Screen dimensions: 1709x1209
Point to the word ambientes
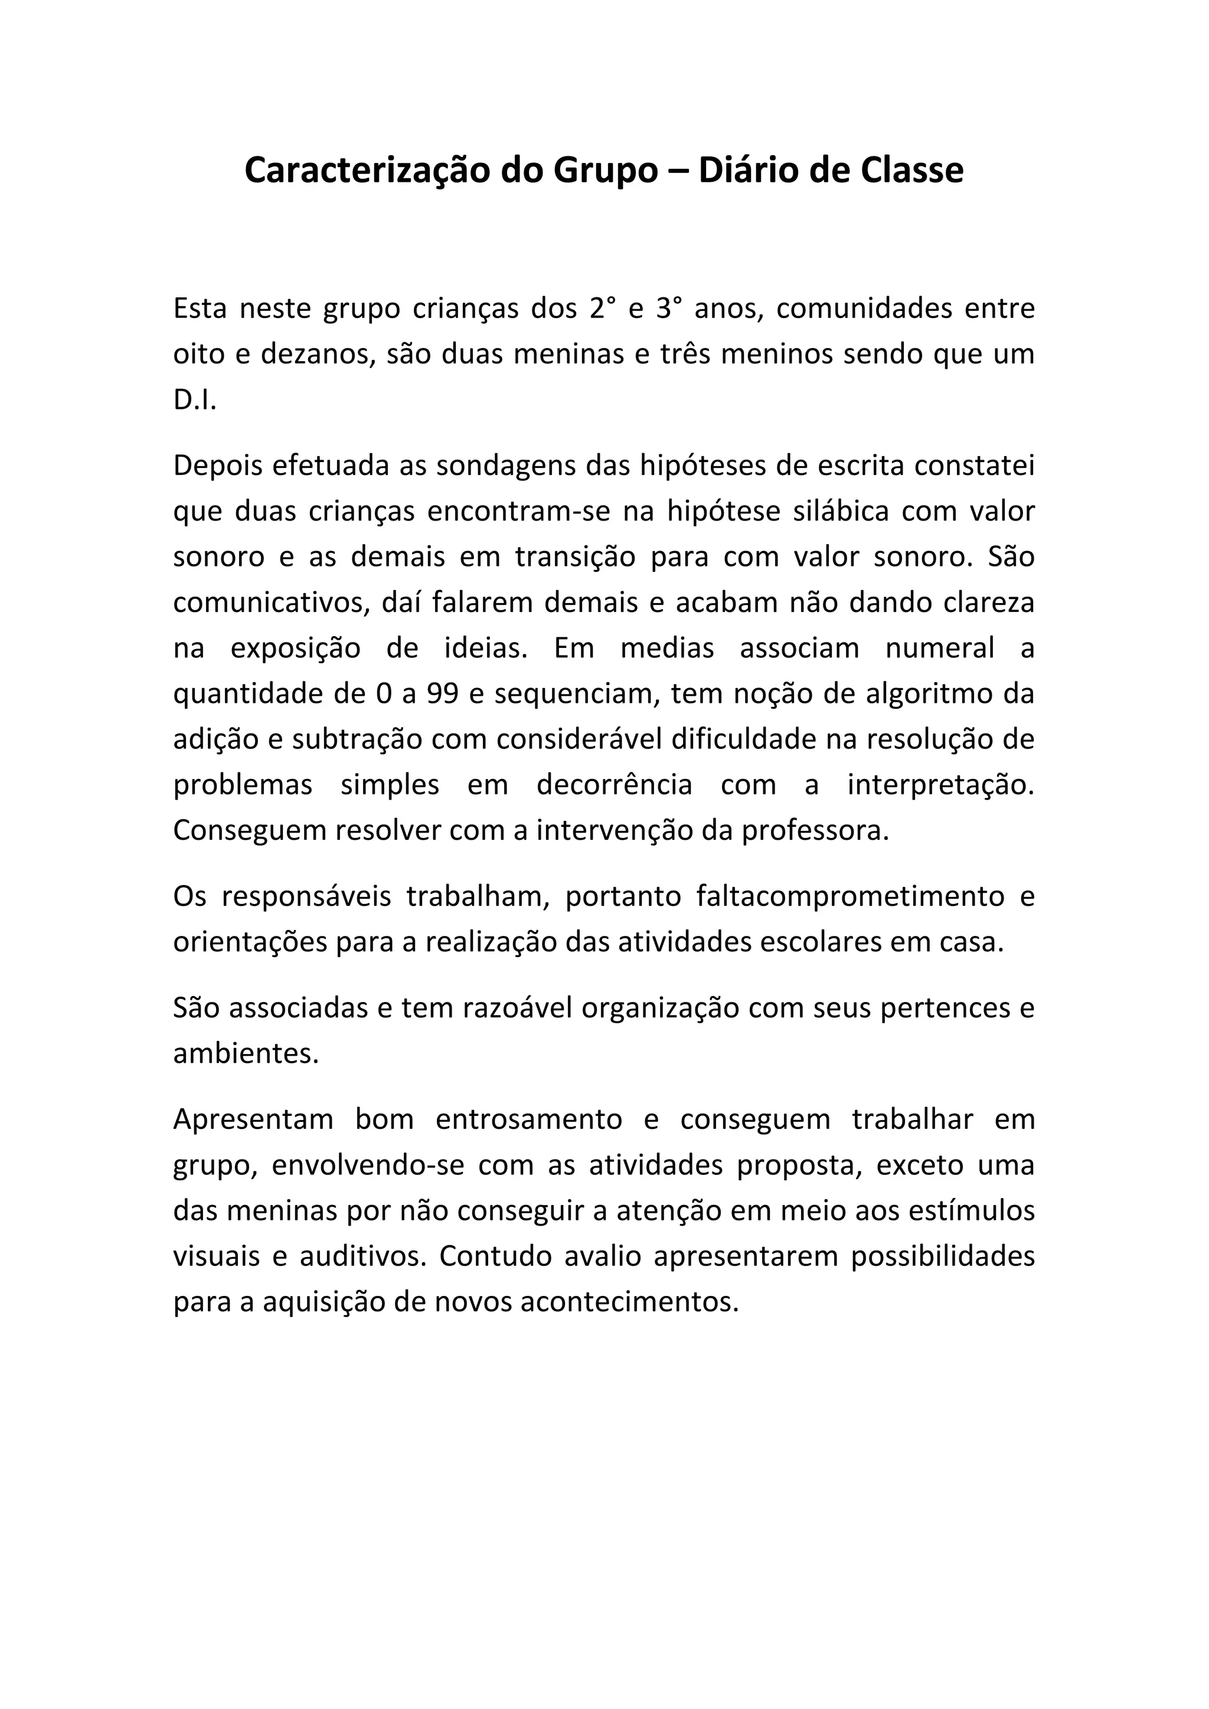click(246, 1054)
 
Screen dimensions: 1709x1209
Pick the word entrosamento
click(528, 1120)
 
